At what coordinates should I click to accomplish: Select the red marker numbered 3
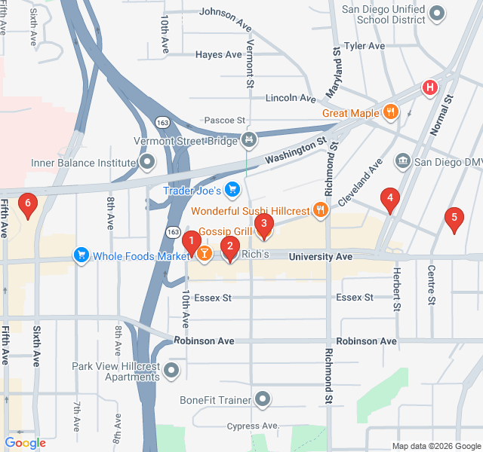(x=263, y=223)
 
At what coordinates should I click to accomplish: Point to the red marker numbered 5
(x=454, y=218)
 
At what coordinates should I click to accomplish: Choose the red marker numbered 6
(x=28, y=203)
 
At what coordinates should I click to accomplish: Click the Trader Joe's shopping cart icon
(x=233, y=190)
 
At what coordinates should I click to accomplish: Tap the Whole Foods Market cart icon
(x=81, y=256)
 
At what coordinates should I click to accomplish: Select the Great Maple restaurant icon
(x=390, y=113)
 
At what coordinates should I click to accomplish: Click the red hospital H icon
(x=430, y=87)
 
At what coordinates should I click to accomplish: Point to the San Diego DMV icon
(x=402, y=161)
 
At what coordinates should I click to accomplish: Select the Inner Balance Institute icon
(x=147, y=162)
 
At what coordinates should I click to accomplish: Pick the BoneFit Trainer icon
(x=263, y=399)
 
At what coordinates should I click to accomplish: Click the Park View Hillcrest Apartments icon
(x=173, y=371)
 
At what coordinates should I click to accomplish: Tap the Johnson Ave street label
(x=225, y=12)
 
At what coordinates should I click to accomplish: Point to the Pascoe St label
(x=225, y=121)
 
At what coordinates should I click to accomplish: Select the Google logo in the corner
(x=26, y=443)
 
